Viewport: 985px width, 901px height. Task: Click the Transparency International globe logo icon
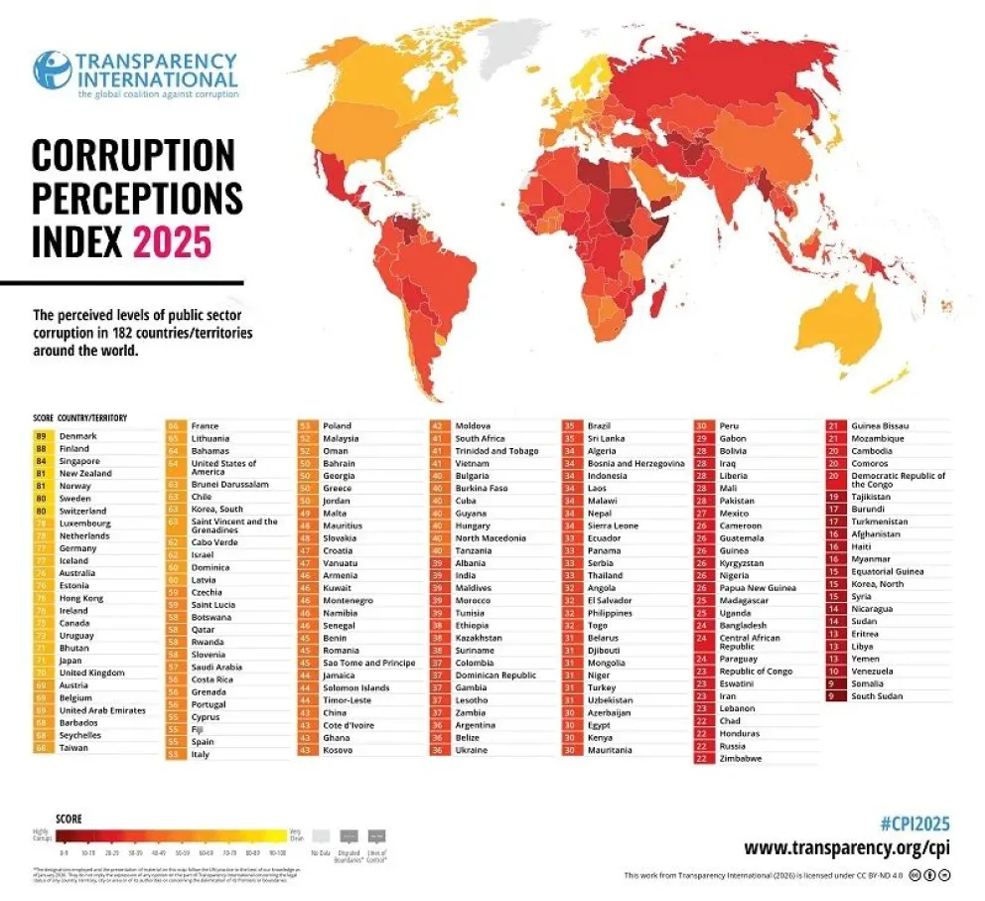click(52, 71)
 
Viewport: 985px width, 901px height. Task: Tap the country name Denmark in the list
click(78, 436)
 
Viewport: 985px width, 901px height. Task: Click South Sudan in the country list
click(877, 695)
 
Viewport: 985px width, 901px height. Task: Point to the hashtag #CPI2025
click(915, 824)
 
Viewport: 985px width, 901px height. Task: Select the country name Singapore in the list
click(79, 461)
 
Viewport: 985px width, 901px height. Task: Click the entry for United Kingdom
click(92, 673)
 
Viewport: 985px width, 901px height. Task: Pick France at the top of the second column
click(205, 425)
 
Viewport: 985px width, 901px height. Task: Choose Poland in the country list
click(337, 425)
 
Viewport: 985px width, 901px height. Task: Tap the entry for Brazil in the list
click(599, 425)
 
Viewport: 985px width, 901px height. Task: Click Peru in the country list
click(729, 425)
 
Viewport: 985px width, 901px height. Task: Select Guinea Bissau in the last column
click(880, 425)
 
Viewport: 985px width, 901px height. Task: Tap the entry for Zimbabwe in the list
click(741, 758)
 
